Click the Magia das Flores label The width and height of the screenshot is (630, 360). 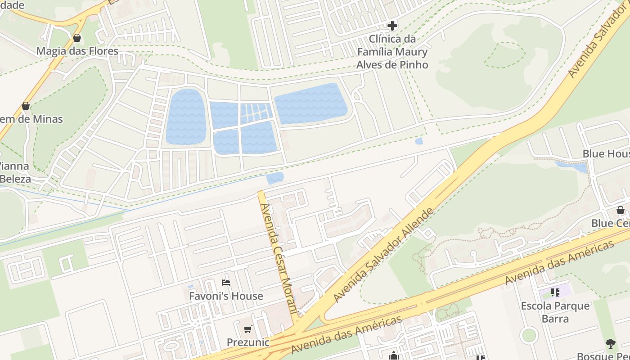pyautogui.click(x=77, y=51)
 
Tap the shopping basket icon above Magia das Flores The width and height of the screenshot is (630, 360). pyautogui.click(x=77, y=38)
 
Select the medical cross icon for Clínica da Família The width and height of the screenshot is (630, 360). pyautogui.click(x=392, y=26)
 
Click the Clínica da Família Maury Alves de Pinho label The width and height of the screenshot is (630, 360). pyautogui.click(x=392, y=52)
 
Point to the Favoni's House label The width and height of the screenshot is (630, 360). pyautogui.click(x=226, y=296)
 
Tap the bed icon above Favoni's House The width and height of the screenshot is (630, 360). pyautogui.click(x=226, y=283)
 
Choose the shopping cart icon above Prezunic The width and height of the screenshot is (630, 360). pyautogui.click(x=247, y=329)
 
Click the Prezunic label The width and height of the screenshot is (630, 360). pyautogui.click(x=248, y=342)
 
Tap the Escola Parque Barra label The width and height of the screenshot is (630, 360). pyautogui.click(x=555, y=312)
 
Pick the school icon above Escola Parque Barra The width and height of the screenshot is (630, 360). pyautogui.click(x=555, y=292)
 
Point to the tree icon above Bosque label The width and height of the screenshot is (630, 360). pyautogui.click(x=611, y=344)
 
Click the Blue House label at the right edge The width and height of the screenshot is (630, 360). pyautogui.click(x=606, y=153)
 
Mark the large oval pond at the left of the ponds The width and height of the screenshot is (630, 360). pyautogui.click(x=186, y=117)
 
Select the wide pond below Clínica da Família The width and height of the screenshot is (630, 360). pyautogui.click(x=310, y=103)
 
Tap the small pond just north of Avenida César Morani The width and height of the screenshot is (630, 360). pyautogui.click(x=275, y=178)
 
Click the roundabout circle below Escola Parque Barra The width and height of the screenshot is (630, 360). pyautogui.click(x=529, y=335)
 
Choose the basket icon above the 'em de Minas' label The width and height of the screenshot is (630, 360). pyautogui.click(x=26, y=106)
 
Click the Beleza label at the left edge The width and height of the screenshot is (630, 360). pyautogui.click(x=15, y=179)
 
